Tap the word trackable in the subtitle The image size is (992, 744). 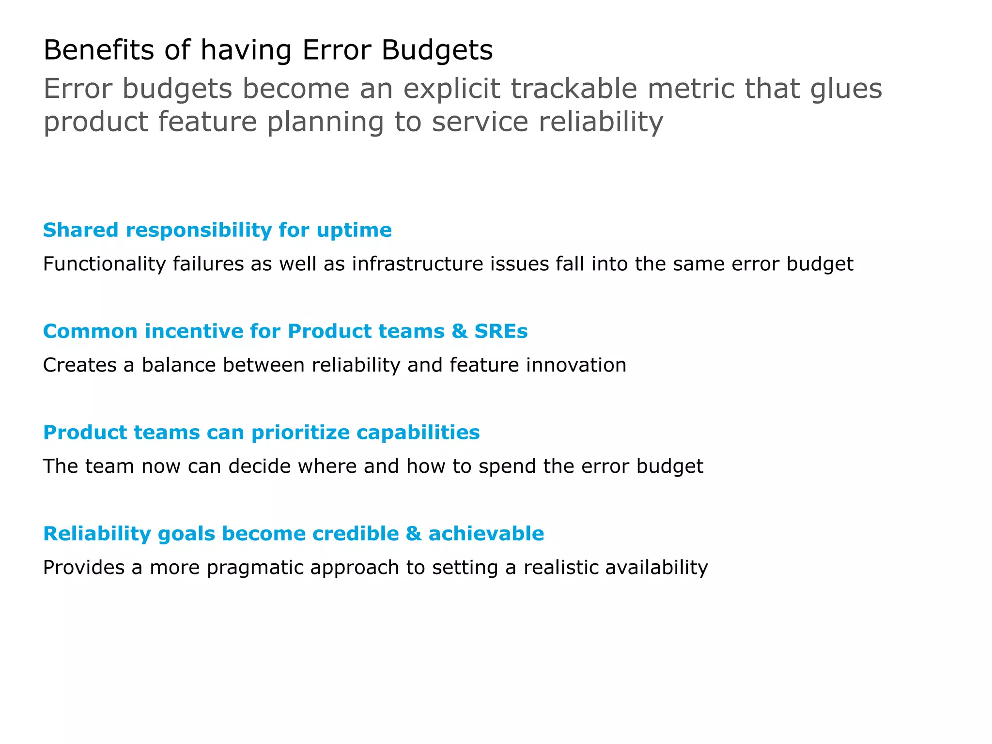pos(574,89)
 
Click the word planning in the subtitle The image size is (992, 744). pos(325,122)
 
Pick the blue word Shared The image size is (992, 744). pos(80,230)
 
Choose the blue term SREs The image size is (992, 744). pos(501,331)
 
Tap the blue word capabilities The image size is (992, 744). pos(418,433)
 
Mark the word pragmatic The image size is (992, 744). pos(255,568)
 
